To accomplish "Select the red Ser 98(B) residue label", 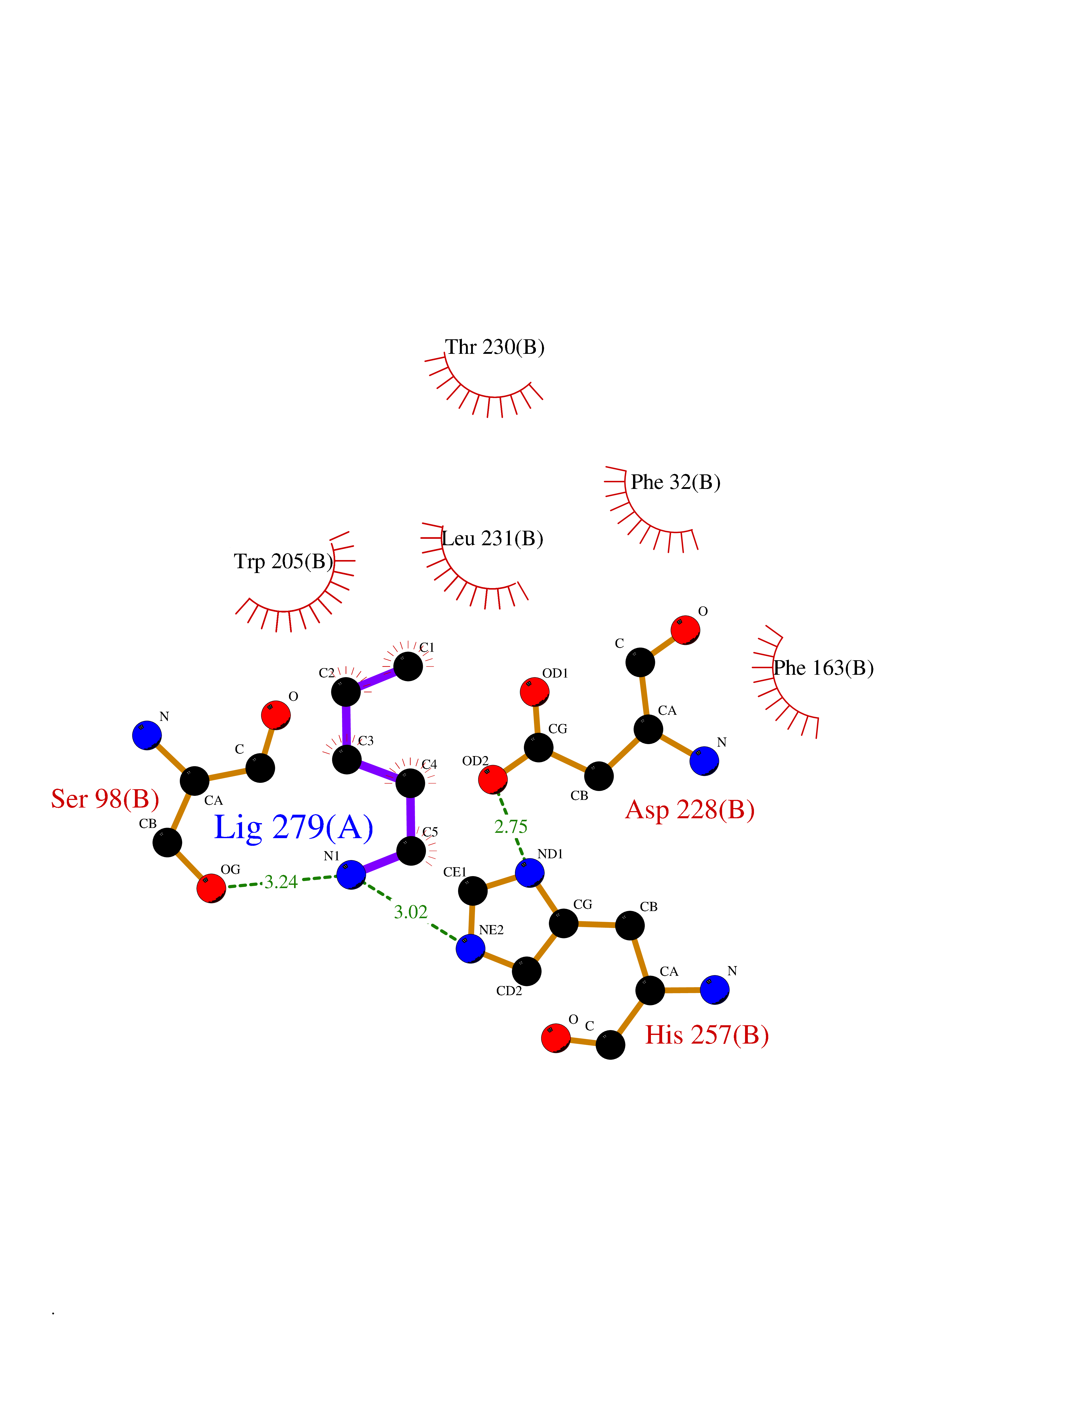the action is (x=105, y=799).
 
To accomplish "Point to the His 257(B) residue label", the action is (x=707, y=1035).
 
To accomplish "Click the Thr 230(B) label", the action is (x=495, y=347).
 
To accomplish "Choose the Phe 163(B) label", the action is (x=823, y=668).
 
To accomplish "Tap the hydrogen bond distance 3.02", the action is (x=410, y=912).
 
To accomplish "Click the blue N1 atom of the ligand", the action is (x=351, y=874).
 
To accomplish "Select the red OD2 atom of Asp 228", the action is (x=493, y=779).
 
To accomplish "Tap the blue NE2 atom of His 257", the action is (x=471, y=948).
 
